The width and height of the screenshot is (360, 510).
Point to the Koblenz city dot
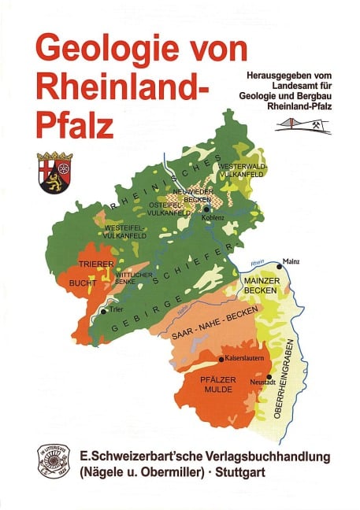[206, 209]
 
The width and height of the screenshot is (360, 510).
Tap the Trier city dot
[102, 311]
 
